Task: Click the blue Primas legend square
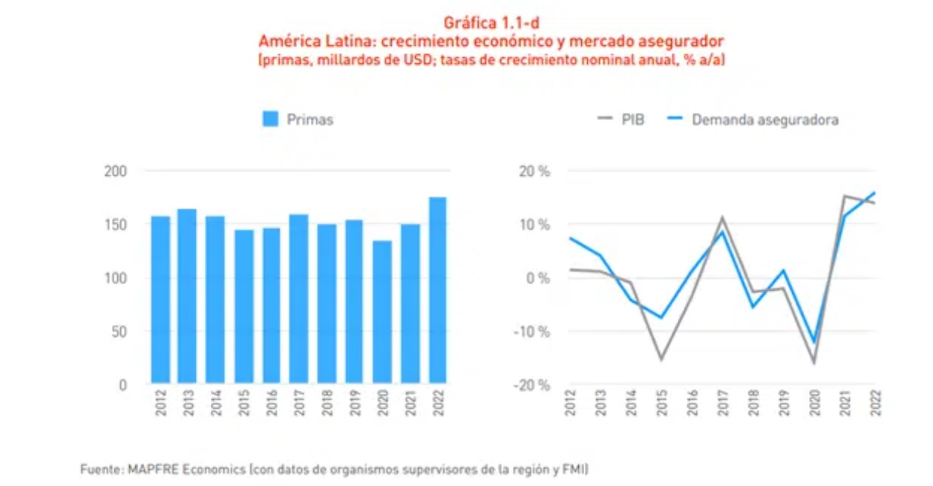(x=270, y=119)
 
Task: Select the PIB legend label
(x=632, y=119)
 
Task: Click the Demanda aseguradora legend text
(x=765, y=119)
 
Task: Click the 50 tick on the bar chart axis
(x=120, y=332)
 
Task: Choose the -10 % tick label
(x=531, y=332)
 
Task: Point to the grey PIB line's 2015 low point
(x=661, y=359)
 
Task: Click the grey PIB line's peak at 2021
(x=845, y=196)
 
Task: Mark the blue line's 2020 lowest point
(x=814, y=343)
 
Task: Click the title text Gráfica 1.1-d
(x=486, y=23)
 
